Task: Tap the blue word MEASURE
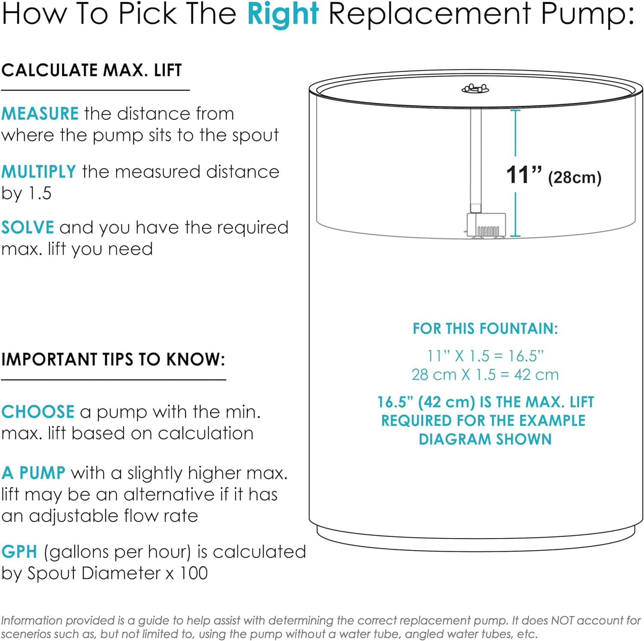[40, 113]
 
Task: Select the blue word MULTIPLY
[39, 172]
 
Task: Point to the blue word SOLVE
[27, 227]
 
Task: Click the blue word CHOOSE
[38, 412]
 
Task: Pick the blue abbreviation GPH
[19, 552]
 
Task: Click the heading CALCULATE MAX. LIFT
[91, 70]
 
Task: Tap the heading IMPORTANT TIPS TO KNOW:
[113, 359]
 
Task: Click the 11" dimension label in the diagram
[524, 175]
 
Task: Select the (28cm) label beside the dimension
[574, 177]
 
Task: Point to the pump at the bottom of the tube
[486, 225]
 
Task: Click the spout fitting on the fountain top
[475, 89]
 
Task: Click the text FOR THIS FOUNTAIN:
[485, 328]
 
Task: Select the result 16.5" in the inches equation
[526, 356]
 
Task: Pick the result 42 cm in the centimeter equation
[537, 375]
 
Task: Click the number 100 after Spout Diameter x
[194, 573]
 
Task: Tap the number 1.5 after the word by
[40, 193]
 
